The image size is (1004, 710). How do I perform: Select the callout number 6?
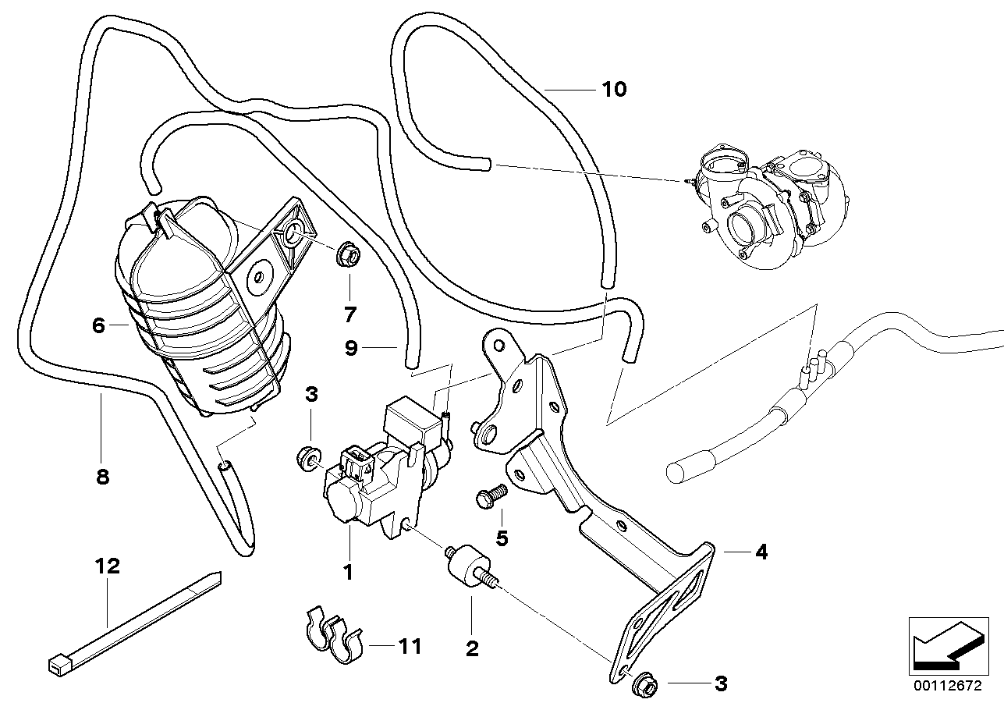coord(98,325)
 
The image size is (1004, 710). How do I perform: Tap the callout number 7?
coord(349,314)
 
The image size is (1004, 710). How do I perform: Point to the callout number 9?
coord(351,348)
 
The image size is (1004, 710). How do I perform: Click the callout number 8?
coord(103,476)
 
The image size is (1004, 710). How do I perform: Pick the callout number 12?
coord(108,566)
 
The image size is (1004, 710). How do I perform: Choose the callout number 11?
coord(410,646)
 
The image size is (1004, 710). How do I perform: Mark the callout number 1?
coord(348,572)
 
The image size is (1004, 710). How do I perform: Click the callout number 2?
coord(472,648)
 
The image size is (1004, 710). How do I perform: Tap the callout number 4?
coord(761,552)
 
